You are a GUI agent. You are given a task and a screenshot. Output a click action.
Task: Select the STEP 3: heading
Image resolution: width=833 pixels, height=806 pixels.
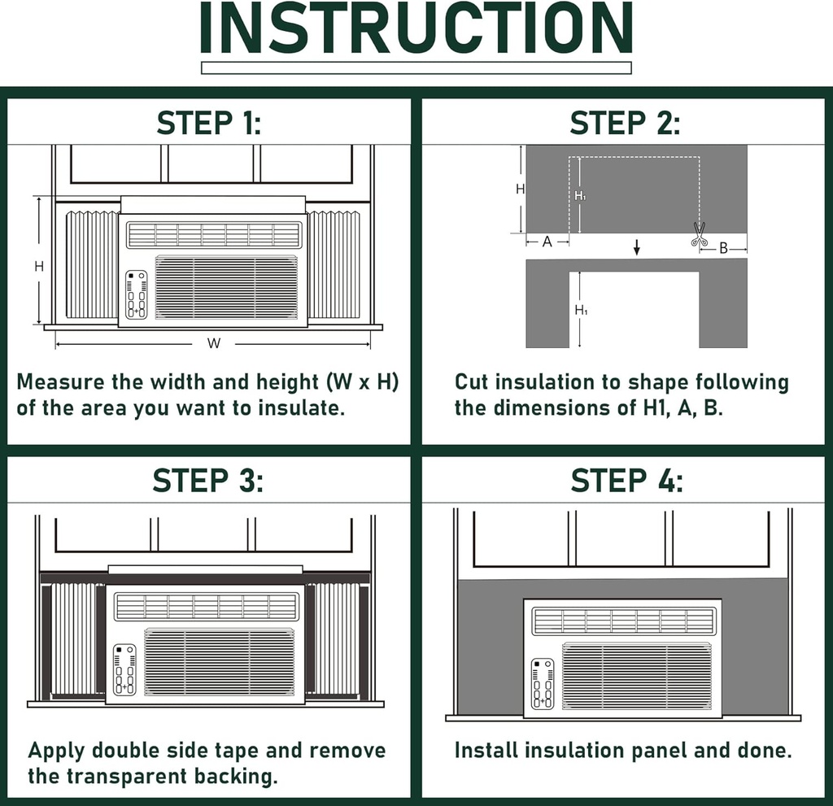point(209,481)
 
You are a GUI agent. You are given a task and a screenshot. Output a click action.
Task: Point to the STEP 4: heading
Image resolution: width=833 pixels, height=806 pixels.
point(624,481)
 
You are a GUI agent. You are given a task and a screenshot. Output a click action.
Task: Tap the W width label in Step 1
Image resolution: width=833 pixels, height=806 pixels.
point(213,343)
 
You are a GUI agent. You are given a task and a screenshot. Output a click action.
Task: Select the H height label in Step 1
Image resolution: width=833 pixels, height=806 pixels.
point(38,266)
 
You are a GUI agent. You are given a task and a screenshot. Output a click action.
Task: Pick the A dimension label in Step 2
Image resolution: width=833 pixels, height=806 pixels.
point(547,242)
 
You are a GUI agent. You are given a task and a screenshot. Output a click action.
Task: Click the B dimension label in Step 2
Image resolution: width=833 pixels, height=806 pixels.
point(723,248)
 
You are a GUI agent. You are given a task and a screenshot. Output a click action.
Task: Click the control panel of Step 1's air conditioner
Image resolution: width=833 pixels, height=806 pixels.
point(136,294)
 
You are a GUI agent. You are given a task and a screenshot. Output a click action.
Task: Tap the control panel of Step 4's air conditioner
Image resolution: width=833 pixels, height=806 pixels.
point(542,683)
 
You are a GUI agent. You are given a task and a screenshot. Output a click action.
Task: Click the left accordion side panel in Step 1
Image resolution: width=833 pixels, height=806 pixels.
point(91,265)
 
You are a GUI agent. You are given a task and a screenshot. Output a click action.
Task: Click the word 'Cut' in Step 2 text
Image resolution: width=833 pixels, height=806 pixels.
point(470,382)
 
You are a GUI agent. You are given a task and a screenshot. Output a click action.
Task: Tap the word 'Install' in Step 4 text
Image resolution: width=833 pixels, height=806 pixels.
point(482,750)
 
